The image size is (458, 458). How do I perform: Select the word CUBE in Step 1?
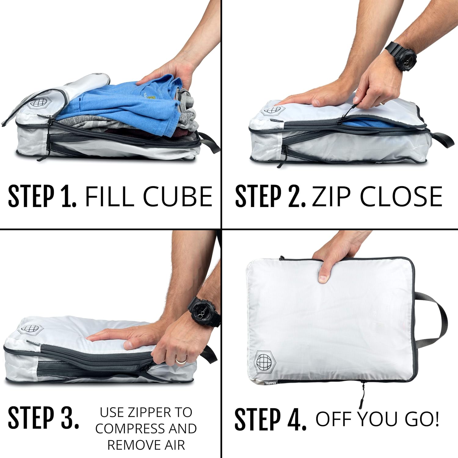coord(177,196)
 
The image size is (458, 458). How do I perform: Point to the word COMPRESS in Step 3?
coord(130,428)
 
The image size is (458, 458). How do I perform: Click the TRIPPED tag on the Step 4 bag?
coord(270,383)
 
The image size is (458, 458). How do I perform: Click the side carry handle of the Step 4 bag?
coord(434,321)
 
